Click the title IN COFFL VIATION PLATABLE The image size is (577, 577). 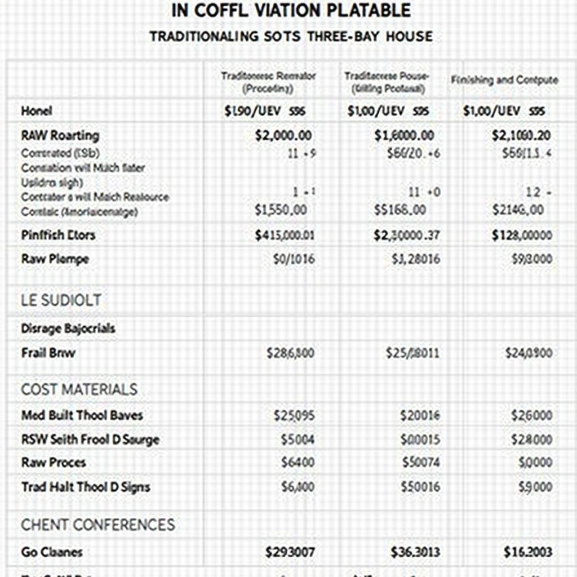click(x=291, y=10)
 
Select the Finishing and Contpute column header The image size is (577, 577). click(x=504, y=80)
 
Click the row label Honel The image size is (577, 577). click(x=37, y=111)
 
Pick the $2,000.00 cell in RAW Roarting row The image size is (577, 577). click(x=283, y=135)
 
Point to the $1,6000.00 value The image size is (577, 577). click(x=404, y=135)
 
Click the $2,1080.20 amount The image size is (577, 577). click(x=521, y=135)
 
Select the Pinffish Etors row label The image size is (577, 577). click(x=58, y=235)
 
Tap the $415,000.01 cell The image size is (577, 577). click(x=284, y=235)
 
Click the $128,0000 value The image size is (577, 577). click(x=521, y=235)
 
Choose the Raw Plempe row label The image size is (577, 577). click(x=55, y=259)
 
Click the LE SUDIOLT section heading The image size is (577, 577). click(x=61, y=300)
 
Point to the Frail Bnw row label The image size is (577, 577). click(x=48, y=353)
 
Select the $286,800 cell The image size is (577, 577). click(x=290, y=353)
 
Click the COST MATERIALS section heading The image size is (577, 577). click(x=79, y=389)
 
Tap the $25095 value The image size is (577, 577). click(x=294, y=415)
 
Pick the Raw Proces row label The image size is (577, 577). click(x=54, y=463)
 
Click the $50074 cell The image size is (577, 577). click(x=421, y=463)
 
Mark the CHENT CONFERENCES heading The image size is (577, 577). click(x=98, y=525)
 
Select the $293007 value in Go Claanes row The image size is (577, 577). click(x=290, y=552)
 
